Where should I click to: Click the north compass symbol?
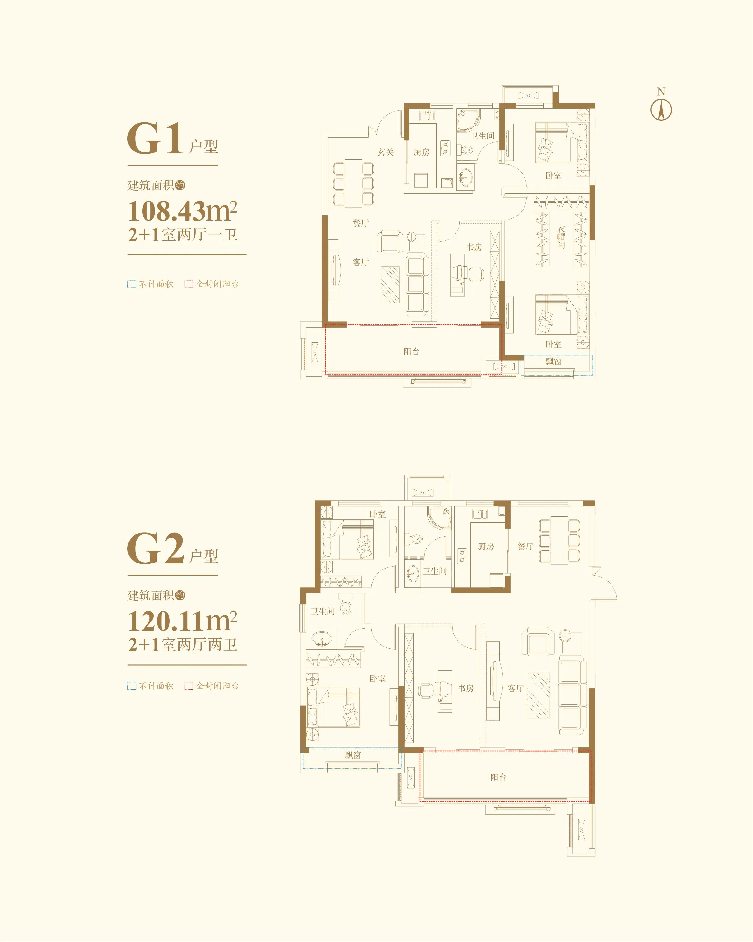click(x=661, y=110)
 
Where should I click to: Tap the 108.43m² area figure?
click(x=183, y=211)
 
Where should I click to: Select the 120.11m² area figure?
click(x=183, y=621)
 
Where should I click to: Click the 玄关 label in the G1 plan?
click(x=386, y=152)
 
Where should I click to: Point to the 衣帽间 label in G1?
click(x=561, y=237)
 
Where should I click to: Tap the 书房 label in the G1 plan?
click(x=474, y=247)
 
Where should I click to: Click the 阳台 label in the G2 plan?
click(x=498, y=777)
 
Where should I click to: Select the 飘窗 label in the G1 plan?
click(x=553, y=362)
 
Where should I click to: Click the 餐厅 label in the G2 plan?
click(x=525, y=547)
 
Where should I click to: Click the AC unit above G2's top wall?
click(x=422, y=492)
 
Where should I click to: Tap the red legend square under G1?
click(x=189, y=284)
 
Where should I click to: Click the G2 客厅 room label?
click(x=516, y=688)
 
